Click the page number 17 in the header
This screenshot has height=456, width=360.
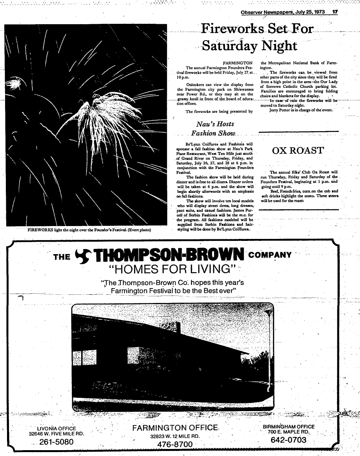[334, 12]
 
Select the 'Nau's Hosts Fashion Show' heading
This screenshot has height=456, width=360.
[215, 129]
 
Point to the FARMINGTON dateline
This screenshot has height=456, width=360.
[237, 62]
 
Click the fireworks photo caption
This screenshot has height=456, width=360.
[89, 230]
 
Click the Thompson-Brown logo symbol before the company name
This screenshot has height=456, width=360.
[83, 256]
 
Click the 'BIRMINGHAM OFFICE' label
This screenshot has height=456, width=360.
[289, 427]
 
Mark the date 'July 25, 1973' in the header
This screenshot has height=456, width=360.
[305, 12]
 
